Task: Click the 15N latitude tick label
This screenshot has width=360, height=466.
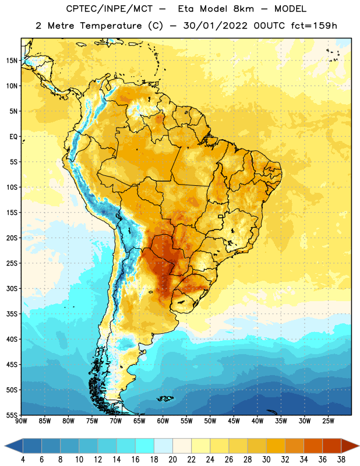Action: (x=12, y=61)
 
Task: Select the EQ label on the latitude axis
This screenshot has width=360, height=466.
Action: (x=13, y=137)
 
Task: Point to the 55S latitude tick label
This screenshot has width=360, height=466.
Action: (x=12, y=415)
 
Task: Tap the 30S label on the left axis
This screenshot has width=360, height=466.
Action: (x=12, y=288)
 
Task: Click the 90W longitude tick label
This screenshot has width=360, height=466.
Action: (x=22, y=421)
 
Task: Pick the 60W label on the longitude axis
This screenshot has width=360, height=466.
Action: (x=163, y=421)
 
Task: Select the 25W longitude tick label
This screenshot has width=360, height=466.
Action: (x=328, y=421)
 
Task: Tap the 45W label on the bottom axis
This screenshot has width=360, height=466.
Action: (x=234, y=421)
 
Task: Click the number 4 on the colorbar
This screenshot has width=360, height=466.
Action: (x=23, y=460)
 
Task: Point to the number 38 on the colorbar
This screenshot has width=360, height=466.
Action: (x=341, y=460)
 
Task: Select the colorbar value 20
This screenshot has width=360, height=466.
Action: (x=172, y=460)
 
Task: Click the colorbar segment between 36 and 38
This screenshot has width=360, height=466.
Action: (x=332, y=446)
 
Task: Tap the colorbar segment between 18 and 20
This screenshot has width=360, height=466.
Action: (x=164, y=446)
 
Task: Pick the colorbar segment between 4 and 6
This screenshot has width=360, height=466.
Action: (x=33, y=446)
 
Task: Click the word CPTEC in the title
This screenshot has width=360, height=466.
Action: (x=80, y=9)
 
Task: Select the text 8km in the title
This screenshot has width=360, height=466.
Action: (x=243, y=9)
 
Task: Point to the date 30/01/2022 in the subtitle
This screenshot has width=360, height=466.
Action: (x=215, y=26)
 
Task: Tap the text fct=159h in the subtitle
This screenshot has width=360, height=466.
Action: (x=314, y=26)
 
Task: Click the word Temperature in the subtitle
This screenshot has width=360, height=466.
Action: (x=111, y=26)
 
